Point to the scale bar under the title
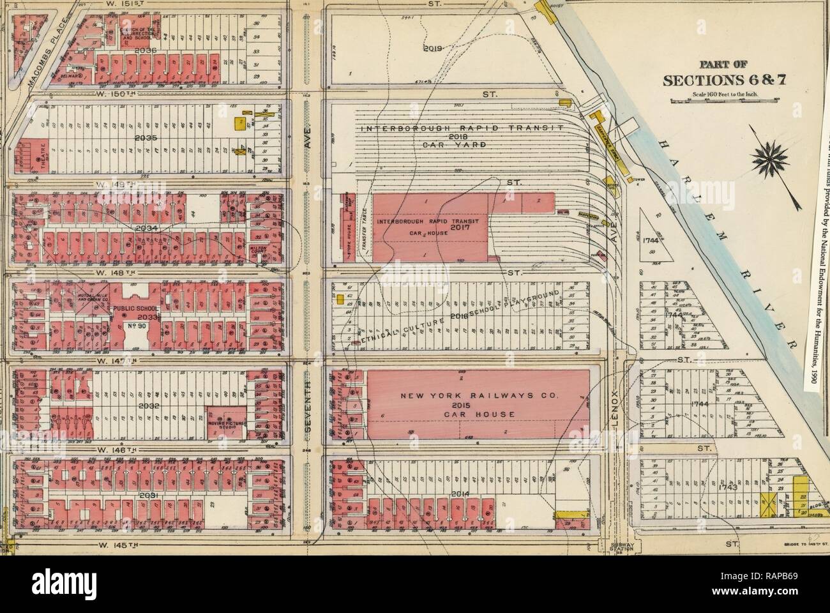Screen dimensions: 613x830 (x=723, y=100)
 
